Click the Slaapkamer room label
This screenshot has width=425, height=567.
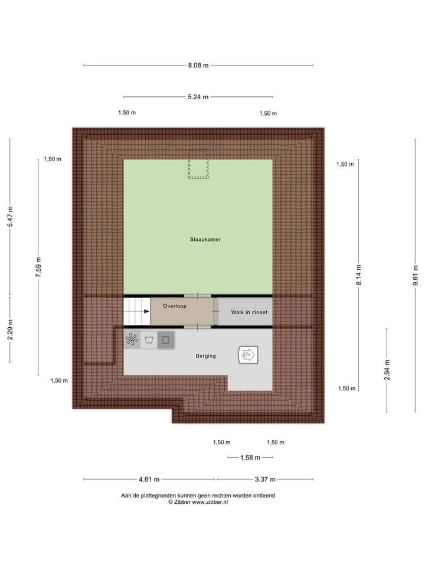(205, 239)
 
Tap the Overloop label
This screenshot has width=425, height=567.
(175, 306)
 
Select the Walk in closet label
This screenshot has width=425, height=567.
(249, 312)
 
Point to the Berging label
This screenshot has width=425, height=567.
(206, 356)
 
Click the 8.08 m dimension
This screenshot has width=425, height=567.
(198, 66)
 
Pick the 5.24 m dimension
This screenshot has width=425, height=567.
(198, 97)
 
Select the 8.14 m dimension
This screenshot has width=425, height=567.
(358, 275)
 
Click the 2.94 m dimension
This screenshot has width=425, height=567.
(387, 370)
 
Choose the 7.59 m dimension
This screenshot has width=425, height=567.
(39, 268)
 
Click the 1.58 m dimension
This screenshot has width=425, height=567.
(250, 458)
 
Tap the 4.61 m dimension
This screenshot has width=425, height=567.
(149, 480)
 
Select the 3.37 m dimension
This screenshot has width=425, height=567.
(265, 480)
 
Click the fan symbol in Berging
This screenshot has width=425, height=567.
(132, 340)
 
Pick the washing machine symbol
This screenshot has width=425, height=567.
(149, 340)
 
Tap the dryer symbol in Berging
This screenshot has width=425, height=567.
(166, 340)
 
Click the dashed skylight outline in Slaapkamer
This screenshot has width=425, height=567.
(198, 169)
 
